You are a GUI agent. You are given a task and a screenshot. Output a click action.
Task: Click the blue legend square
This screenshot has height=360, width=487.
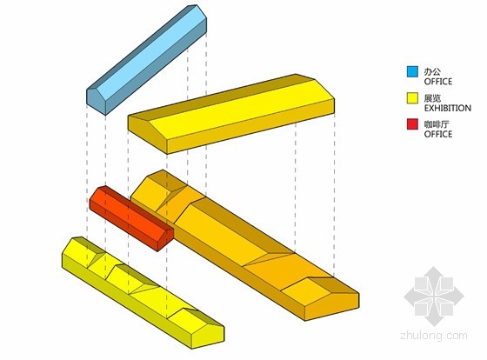coord(412,71)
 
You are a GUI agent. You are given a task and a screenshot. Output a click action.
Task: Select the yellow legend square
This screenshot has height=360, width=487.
coord(412,98)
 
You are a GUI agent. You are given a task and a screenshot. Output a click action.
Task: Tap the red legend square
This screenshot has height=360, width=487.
coord(412,123)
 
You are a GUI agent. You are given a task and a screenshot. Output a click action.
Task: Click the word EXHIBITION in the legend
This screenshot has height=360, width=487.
coord(448,108)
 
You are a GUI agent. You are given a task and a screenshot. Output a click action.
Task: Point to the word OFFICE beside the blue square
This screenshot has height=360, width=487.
coord(438,82)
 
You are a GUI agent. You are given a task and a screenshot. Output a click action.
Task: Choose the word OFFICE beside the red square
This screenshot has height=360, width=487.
coord(438,134)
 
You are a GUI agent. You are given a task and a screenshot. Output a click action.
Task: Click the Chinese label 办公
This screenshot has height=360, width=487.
coord(432,72)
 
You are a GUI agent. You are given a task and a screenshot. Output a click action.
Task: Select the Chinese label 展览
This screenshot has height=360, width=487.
coord(432,98)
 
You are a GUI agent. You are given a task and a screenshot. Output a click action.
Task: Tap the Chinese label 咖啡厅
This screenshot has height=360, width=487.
coord(437,124)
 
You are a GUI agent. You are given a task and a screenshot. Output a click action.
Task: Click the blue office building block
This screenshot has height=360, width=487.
coord(147,60)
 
